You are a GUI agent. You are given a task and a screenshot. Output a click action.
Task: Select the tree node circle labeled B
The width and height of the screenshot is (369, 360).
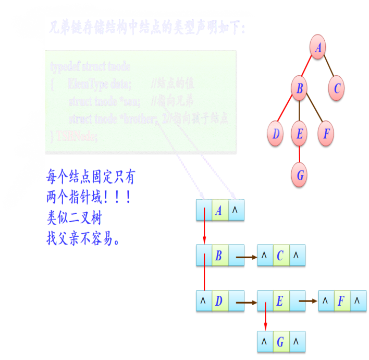point(299,89)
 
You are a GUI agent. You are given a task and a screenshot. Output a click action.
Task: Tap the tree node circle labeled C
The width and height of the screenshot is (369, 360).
point(337,89)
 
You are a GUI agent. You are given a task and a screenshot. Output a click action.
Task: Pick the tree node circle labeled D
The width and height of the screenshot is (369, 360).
point(276,134)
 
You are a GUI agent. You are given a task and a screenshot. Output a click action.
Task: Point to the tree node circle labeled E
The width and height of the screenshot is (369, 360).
point(299,134)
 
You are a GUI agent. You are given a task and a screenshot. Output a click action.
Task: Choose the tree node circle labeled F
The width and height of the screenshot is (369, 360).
point(326,134)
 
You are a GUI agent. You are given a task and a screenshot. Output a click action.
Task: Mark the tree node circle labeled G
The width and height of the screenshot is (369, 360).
point(300,175)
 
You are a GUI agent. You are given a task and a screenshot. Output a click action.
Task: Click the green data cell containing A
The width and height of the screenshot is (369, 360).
point(219,211)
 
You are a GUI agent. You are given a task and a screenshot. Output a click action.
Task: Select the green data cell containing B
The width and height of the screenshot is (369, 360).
point(219,256)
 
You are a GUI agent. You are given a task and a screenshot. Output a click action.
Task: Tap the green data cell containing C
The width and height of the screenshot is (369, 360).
point(280,256)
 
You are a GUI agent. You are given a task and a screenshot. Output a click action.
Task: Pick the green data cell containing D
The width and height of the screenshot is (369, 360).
point(219,301)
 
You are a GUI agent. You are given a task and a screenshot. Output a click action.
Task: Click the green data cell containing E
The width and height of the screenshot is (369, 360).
point(280,301)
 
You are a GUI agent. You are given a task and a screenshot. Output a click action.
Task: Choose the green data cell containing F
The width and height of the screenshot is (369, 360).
point(341,301)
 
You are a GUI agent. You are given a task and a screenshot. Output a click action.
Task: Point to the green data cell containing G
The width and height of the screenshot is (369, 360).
point(280,342)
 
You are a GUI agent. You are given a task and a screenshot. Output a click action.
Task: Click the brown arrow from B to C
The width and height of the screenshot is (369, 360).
point(246,256)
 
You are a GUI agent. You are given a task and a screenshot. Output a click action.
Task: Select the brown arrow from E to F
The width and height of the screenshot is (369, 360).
point(308,301)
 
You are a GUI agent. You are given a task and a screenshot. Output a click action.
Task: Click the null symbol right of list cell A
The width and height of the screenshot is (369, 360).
point(235,211)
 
